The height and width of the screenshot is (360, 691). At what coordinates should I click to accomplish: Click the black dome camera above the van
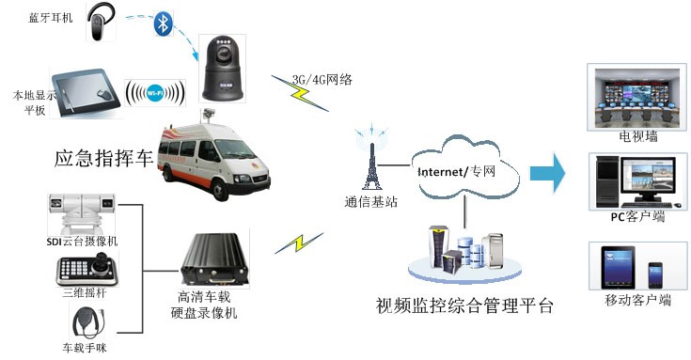tap(225, 69)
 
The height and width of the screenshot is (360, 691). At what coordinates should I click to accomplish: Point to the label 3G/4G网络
tap(322, 79)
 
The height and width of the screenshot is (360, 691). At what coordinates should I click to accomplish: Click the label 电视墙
tap(638, 137)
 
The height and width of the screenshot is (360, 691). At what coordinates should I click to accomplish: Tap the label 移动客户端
tap(638, 301)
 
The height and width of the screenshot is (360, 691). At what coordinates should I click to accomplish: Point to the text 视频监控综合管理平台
tap(464, 306)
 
